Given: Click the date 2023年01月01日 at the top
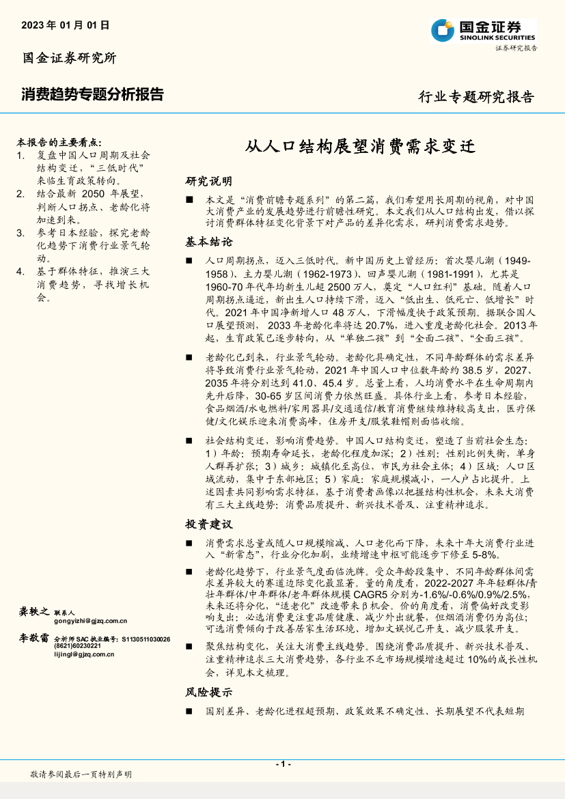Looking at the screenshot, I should pyautogui.click(x=66, y=25).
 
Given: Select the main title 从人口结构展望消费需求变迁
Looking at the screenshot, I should pyautogui.click(x=359, y=147).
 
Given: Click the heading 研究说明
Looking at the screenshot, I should pyautogui.click(x=209, y=182).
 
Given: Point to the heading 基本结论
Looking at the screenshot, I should pyautogui.click(x=209, y=242).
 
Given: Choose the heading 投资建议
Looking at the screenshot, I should pyautogui.click(x=209, y=524).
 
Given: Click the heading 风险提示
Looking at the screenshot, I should pyautogui.click(x=209, y=692).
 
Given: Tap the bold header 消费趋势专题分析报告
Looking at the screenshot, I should pyautogui.click(x=92, y=94).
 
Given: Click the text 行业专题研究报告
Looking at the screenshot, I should pyautogui.click(x=476, y=97).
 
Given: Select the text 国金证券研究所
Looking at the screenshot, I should pyautogui.click(x=70, y=58).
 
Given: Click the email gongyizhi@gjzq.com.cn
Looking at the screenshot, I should pyautogui.click(x=91, y=621).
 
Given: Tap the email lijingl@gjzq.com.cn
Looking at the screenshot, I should pyautogui.click(x=84, y=654).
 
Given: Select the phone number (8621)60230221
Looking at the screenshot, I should pyautogui.click(x=77, y=646).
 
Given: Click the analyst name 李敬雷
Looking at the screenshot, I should pyautogui.click(x=33, y=638).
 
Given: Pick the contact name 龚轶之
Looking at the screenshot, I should pyautogui.click(x=33, y=611).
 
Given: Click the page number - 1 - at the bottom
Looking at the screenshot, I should pyautogui.click(x=283, y=764).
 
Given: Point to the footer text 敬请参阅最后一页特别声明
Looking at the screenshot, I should pyautogui.click(x=81, y=774).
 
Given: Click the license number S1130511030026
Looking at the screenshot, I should pyautogui.click(x=146, y=639).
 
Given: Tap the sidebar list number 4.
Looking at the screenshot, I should pyautogui.click(x=21, y=272).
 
